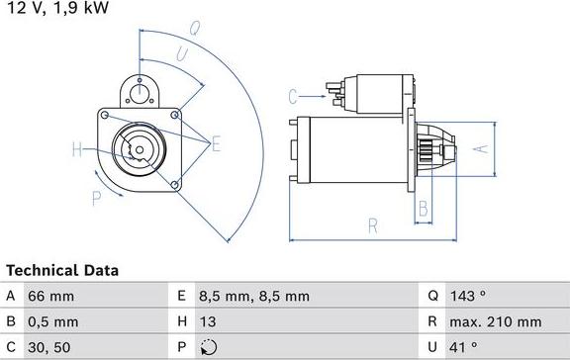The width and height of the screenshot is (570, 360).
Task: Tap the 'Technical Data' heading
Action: [x=62, y=270]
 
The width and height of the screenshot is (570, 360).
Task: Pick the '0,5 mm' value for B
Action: [x=54, y=321]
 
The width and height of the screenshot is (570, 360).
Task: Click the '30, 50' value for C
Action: [x=49, y=347]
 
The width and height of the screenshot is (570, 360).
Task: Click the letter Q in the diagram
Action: [x=196, y=29]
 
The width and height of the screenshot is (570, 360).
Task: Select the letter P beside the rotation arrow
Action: [x=96, y=198]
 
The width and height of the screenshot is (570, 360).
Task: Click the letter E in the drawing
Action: [x=215, y=144]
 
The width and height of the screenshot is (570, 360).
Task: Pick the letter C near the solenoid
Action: [x=293, y=96]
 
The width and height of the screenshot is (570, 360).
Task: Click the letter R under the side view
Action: [x=373, y=226]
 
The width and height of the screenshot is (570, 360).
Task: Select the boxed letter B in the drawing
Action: [x=423, y=208]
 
